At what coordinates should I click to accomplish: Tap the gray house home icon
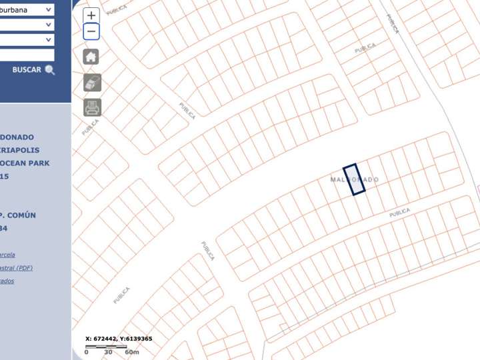click(x=91, y=57)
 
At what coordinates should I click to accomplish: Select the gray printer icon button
click(x=92, y=107)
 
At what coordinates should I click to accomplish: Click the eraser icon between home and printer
click(x=92, y=82)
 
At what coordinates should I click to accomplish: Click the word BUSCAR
click(x=27, y=70)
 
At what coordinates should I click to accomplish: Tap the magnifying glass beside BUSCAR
click(x=50, y=70)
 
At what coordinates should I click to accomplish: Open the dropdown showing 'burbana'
click(x=27, y=10)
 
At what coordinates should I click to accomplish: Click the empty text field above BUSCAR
click(x=27, y=55)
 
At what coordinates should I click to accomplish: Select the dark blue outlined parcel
click(x=354, y=179)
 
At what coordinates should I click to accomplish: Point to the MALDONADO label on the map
click(x=355, y=180)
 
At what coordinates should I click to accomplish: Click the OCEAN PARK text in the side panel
click(x=25, y=163)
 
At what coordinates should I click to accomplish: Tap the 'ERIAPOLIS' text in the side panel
click(x=20, y=151)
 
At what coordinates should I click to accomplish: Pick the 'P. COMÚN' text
click(x=18, y=215)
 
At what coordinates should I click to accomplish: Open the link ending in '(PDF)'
click(x=17, y=268)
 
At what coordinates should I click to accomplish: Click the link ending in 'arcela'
click(x=7, y=255)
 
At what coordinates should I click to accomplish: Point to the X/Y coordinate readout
click(x=119, y=339)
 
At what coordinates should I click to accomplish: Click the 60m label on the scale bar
click(x=132, y=352)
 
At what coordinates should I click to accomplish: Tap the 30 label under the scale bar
click(x=108, y=352)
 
